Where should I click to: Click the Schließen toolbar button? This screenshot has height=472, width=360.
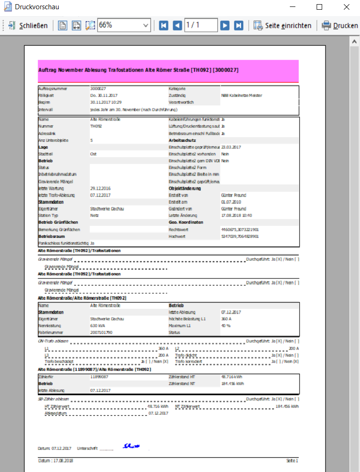(x=28, y=25)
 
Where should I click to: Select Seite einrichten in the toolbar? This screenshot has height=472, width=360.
(x=282, y=25)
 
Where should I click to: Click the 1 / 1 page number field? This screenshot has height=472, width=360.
(x=200, y=25)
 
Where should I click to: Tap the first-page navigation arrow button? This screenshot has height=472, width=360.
(x=163, y=25)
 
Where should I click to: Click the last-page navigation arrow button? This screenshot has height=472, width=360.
(x=239, y=25)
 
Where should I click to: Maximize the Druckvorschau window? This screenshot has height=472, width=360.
(x=319, y=7)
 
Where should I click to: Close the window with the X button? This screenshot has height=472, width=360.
(x=347, y=7)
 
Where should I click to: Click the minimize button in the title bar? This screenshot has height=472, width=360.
(x=292, y=7)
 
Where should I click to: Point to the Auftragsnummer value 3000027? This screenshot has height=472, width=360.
(x=98, y=88)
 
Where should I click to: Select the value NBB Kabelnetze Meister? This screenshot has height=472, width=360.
(x=241, y=95)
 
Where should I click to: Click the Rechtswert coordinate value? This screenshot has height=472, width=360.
(x=240, y=229)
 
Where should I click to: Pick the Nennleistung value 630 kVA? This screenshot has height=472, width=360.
(x=98, y=326)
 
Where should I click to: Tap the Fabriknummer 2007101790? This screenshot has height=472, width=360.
(x=101, y=333)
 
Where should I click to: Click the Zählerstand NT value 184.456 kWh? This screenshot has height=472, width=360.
(x=233, y=383)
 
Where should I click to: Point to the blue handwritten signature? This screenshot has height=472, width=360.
(x=131, y=446)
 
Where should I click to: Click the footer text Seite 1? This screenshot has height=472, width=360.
(x=292, y=460)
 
